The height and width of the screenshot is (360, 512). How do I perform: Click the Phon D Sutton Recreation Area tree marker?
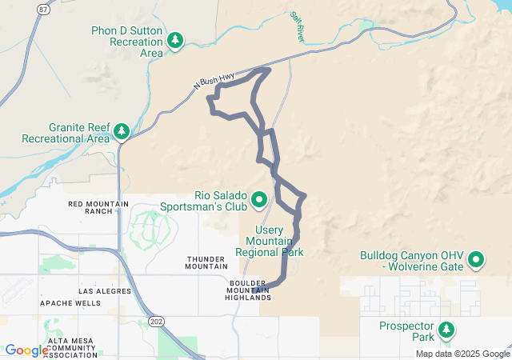coord(175,39)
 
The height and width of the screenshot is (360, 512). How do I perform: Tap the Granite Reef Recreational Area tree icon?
coord(122,130)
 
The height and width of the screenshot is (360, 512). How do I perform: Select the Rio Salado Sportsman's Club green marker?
coord(260,198)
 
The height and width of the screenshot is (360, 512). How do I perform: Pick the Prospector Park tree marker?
coord(446,329)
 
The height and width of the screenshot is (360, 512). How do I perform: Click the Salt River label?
coord(298,26)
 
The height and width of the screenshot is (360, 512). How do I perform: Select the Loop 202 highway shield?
coord(154,322)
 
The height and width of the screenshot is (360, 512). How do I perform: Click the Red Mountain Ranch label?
coord(98,208)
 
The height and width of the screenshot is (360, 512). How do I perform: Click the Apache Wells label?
coord(71,303)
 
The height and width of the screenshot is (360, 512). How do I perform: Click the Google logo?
coord(26,350)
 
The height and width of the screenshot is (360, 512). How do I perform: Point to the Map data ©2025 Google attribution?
coord(462,354)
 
